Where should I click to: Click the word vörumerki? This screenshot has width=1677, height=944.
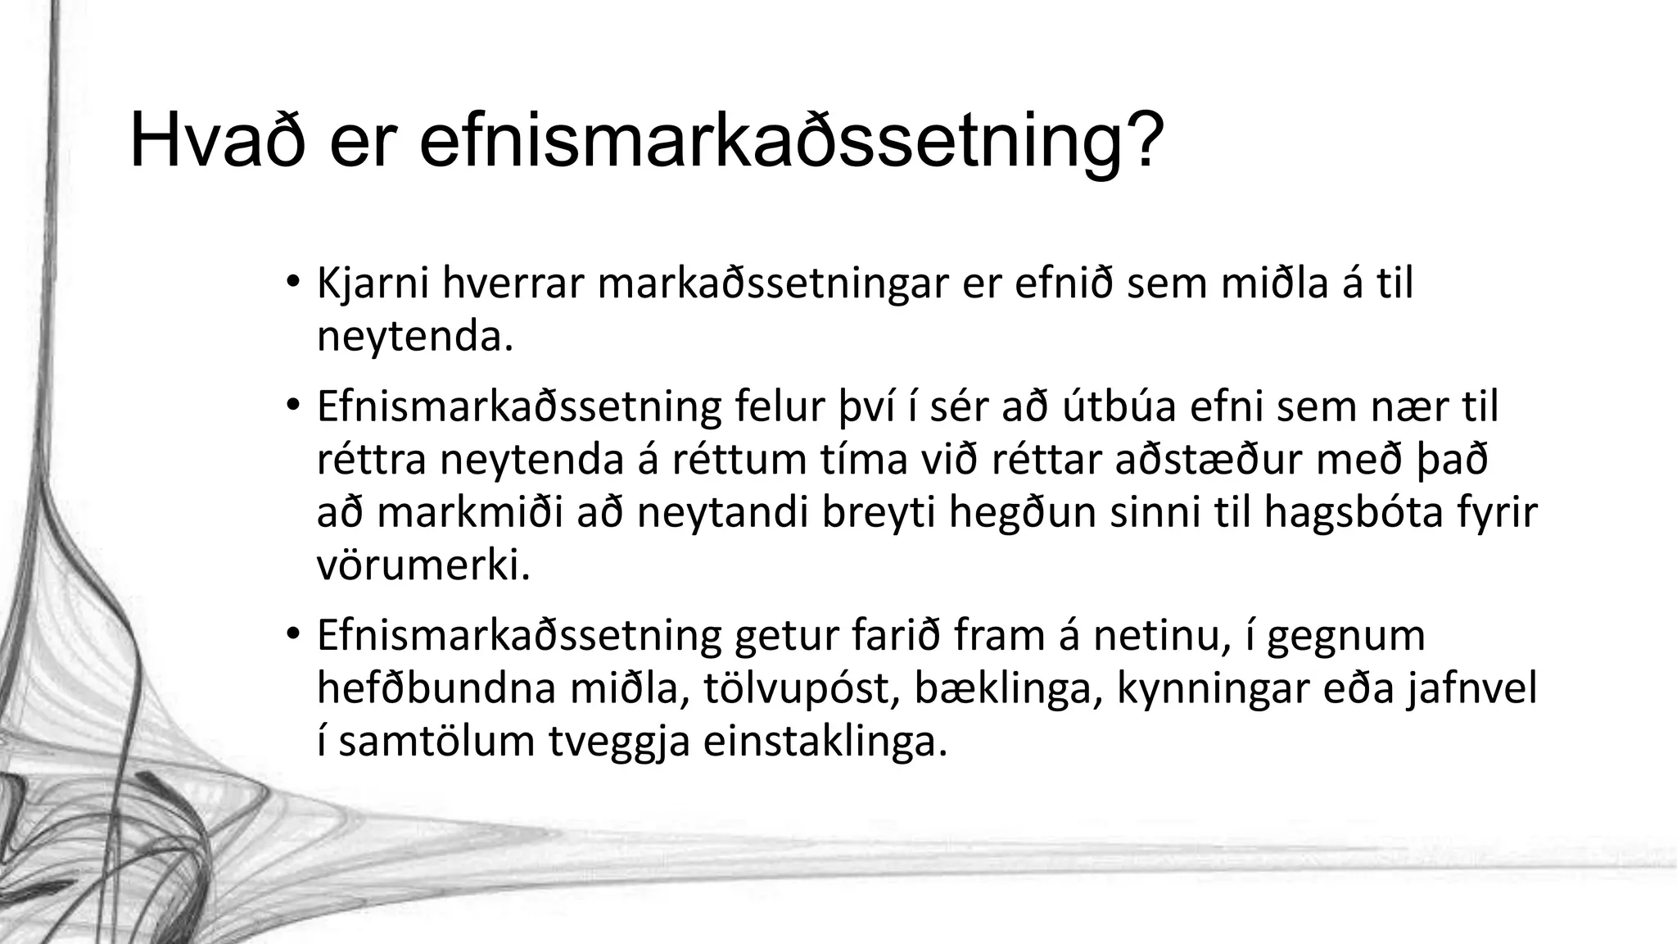(x=423, y=566)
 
